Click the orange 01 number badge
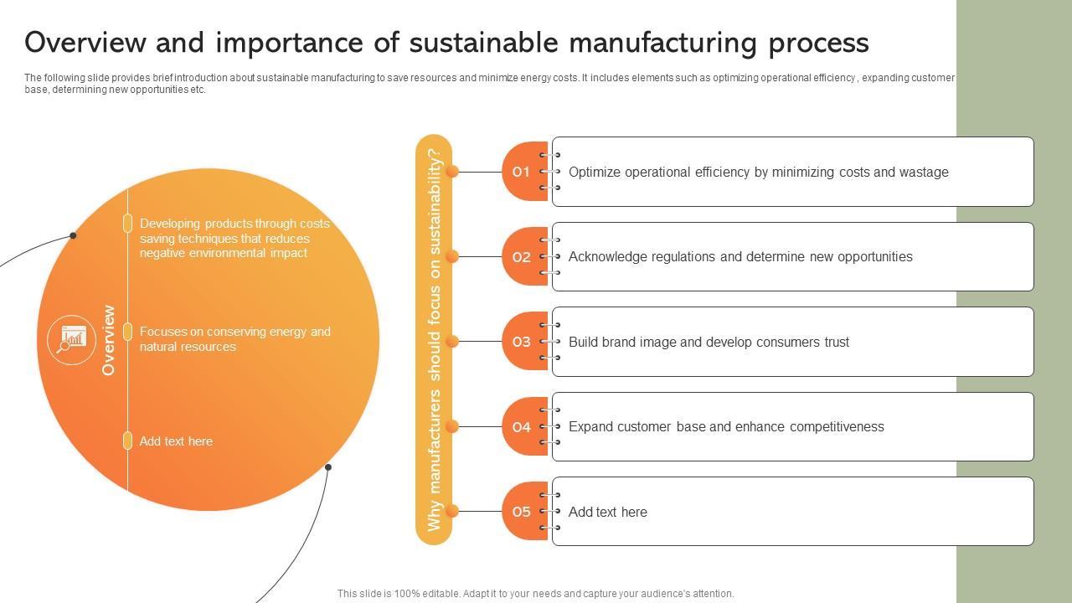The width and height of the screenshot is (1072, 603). point(523,172)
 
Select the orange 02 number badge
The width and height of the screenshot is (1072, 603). point(523,257)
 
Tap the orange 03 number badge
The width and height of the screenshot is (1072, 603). point(523,342)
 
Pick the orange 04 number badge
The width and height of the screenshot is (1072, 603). point(523,427)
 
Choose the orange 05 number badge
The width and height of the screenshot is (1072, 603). point(523,512)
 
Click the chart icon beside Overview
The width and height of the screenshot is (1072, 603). point(72,339)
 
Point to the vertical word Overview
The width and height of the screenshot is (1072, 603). point(108,340)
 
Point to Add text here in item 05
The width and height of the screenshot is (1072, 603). point(607,513)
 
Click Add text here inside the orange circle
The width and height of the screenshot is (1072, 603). point(176,441)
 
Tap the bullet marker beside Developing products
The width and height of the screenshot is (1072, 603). point(127,223)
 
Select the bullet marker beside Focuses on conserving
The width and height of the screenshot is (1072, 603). point(127,332)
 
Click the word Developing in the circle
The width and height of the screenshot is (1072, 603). point(170,224)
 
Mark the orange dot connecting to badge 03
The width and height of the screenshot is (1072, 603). point(452,342)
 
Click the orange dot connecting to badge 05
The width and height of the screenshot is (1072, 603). point(452,511)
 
